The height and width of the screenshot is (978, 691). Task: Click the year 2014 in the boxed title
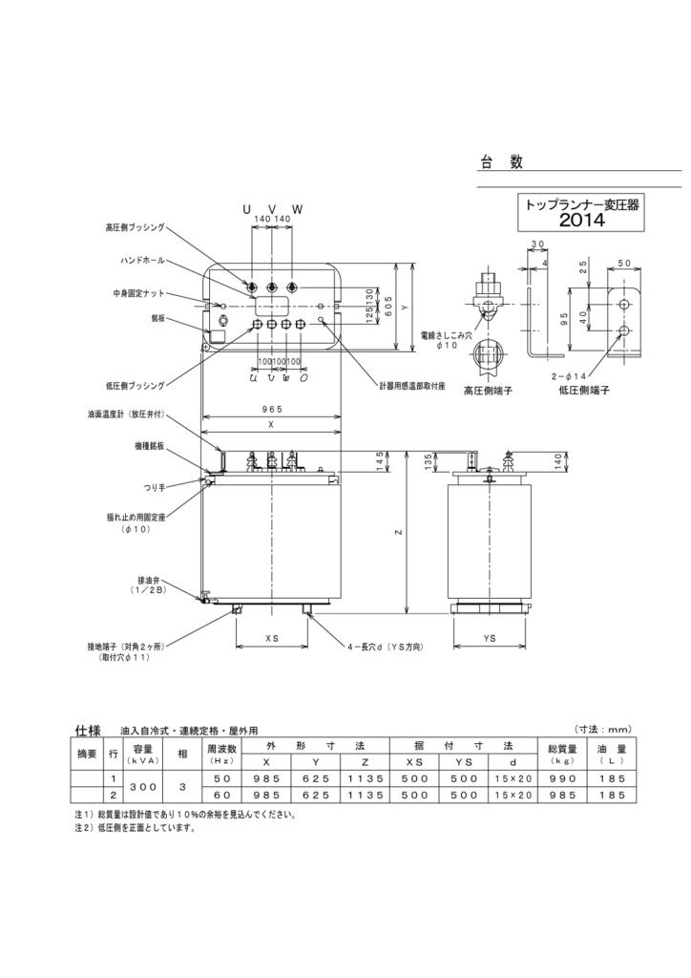[x=582, y=221]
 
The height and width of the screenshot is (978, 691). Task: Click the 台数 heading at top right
[x=501, y=163]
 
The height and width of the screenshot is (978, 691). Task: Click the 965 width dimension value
[x=272, y=409]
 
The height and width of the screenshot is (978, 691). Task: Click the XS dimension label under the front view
[x=272, y=636]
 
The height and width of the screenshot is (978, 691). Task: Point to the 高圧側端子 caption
[x=489, y=391]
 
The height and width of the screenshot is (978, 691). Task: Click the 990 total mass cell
[x=557, y=779]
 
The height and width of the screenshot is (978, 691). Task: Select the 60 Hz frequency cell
[x=221, y=795]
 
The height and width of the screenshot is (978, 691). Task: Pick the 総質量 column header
[x=557, y=747]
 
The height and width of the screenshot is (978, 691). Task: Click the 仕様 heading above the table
[x=88, y=731]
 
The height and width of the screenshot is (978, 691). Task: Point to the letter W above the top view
[x=297, y=208]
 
